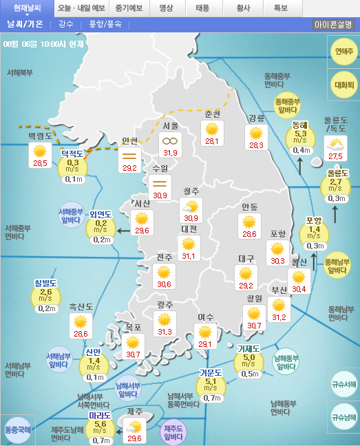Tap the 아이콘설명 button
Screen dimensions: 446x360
tap(334, 24)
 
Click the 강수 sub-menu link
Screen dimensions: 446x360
tap(66, 24)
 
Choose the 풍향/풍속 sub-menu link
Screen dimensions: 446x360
tap(105, 24)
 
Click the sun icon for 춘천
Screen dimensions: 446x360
tap(212, 129)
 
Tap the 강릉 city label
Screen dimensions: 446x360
tap(256, 118)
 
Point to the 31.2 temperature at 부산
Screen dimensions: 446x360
tap(279, 317)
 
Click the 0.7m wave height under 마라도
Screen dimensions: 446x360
tap(102, 440)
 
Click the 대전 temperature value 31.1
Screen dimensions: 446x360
tap(188, 257)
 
